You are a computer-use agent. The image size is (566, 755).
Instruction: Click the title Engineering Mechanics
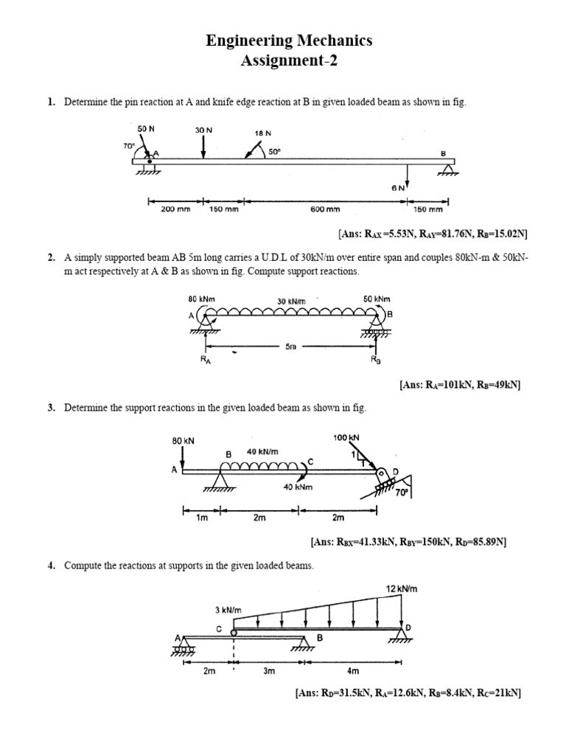click(289, 41)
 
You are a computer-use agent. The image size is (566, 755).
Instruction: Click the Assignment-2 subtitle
click(289, 60)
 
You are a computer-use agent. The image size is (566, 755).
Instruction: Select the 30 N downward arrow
click(203, 147)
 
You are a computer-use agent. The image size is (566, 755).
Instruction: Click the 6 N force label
click(398, 188)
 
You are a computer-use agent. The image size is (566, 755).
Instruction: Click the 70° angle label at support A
click(129, 145)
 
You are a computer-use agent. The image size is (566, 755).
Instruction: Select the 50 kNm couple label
click(377, 299)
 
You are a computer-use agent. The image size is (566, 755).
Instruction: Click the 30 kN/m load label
click(290, 301)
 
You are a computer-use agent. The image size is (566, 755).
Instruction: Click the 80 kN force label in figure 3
click(183, 440)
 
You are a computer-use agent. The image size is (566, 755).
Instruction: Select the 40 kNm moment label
click(298, 487)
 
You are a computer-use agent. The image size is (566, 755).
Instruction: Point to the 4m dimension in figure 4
click(352, 671)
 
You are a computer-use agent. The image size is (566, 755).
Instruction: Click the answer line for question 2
click(460, 385)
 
